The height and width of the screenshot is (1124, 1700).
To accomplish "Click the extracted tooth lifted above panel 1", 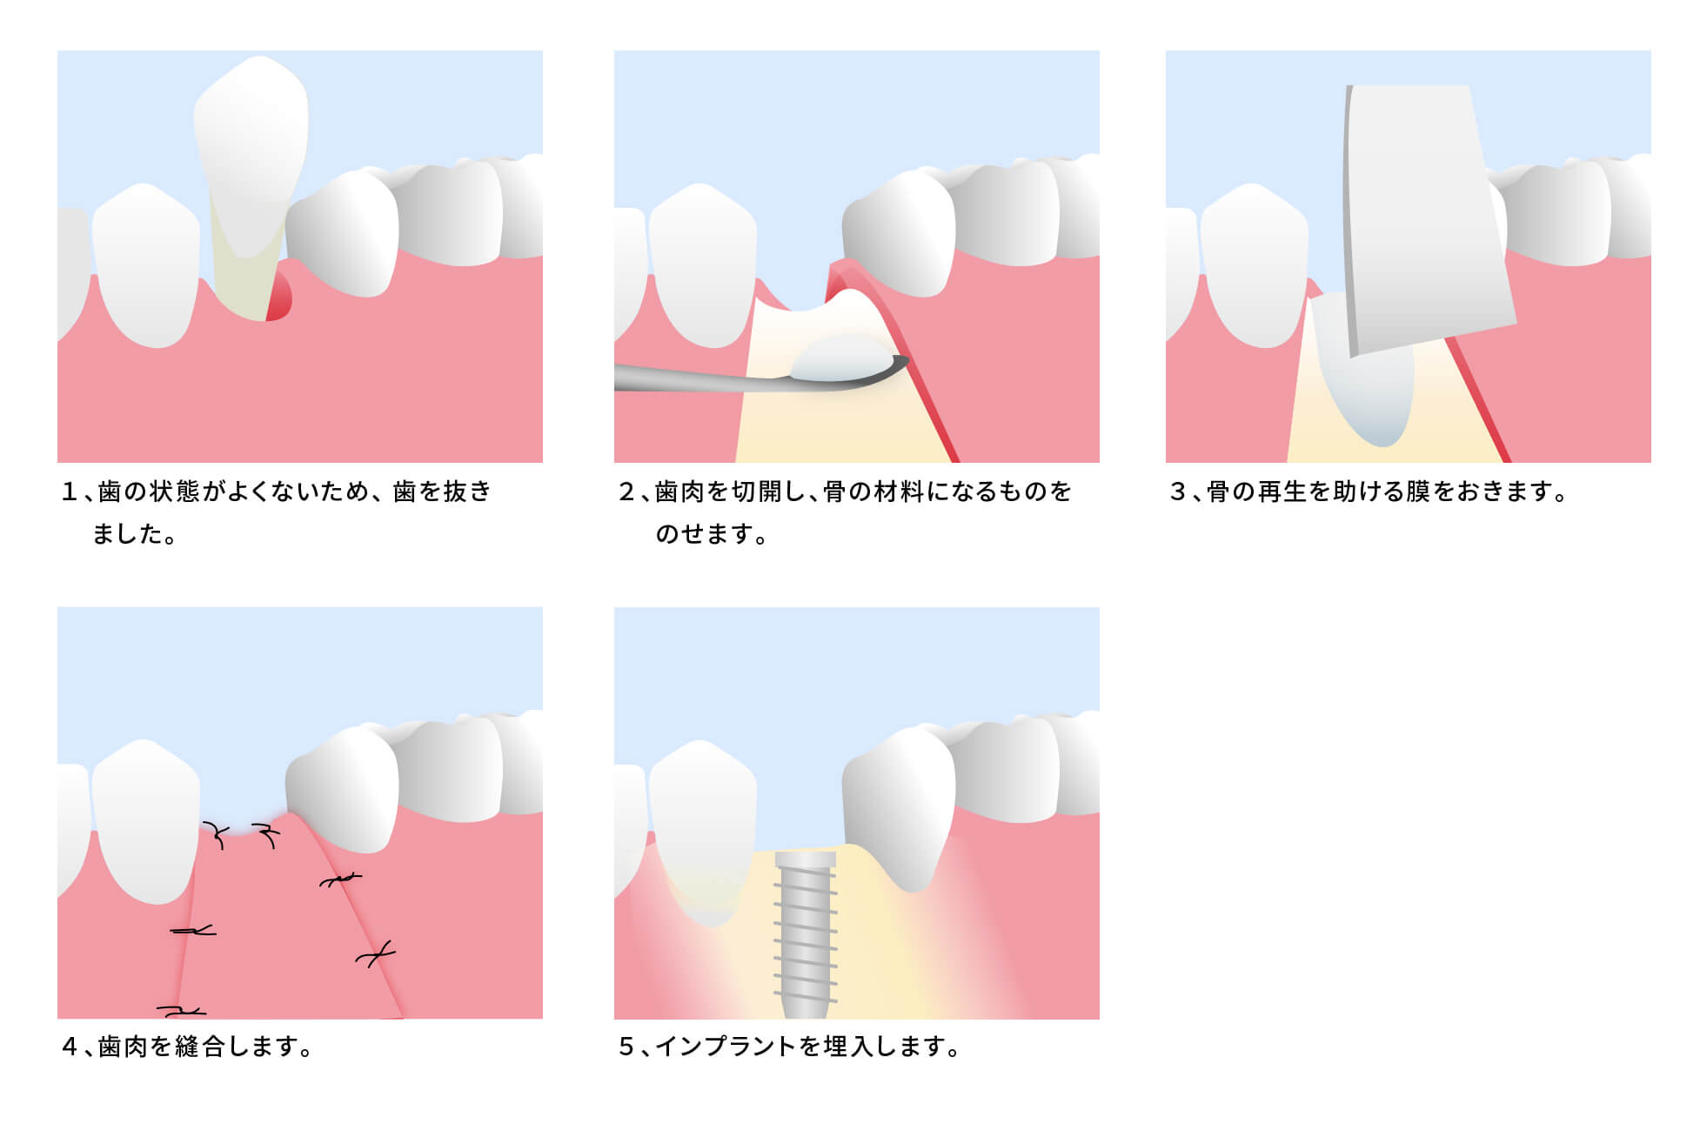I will pyautogui.click(x=251, y=148).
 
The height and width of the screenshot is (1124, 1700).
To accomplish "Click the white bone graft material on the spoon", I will pyautogui.click(x=842, y=358).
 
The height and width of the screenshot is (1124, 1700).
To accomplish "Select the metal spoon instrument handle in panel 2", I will pyautogui.click(x=687, y=378).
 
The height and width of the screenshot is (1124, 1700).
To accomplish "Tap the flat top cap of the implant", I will pyautogui.click(x=806, y=860).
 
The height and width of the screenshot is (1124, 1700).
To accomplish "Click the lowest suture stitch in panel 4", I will pyautogui.click(x=181, y=1011).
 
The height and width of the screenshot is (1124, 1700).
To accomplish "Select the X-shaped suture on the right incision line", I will pyautogui.click(x=375, y=956).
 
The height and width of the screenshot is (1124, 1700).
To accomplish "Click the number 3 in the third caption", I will pyautogui.click(x=1178, y=492).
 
